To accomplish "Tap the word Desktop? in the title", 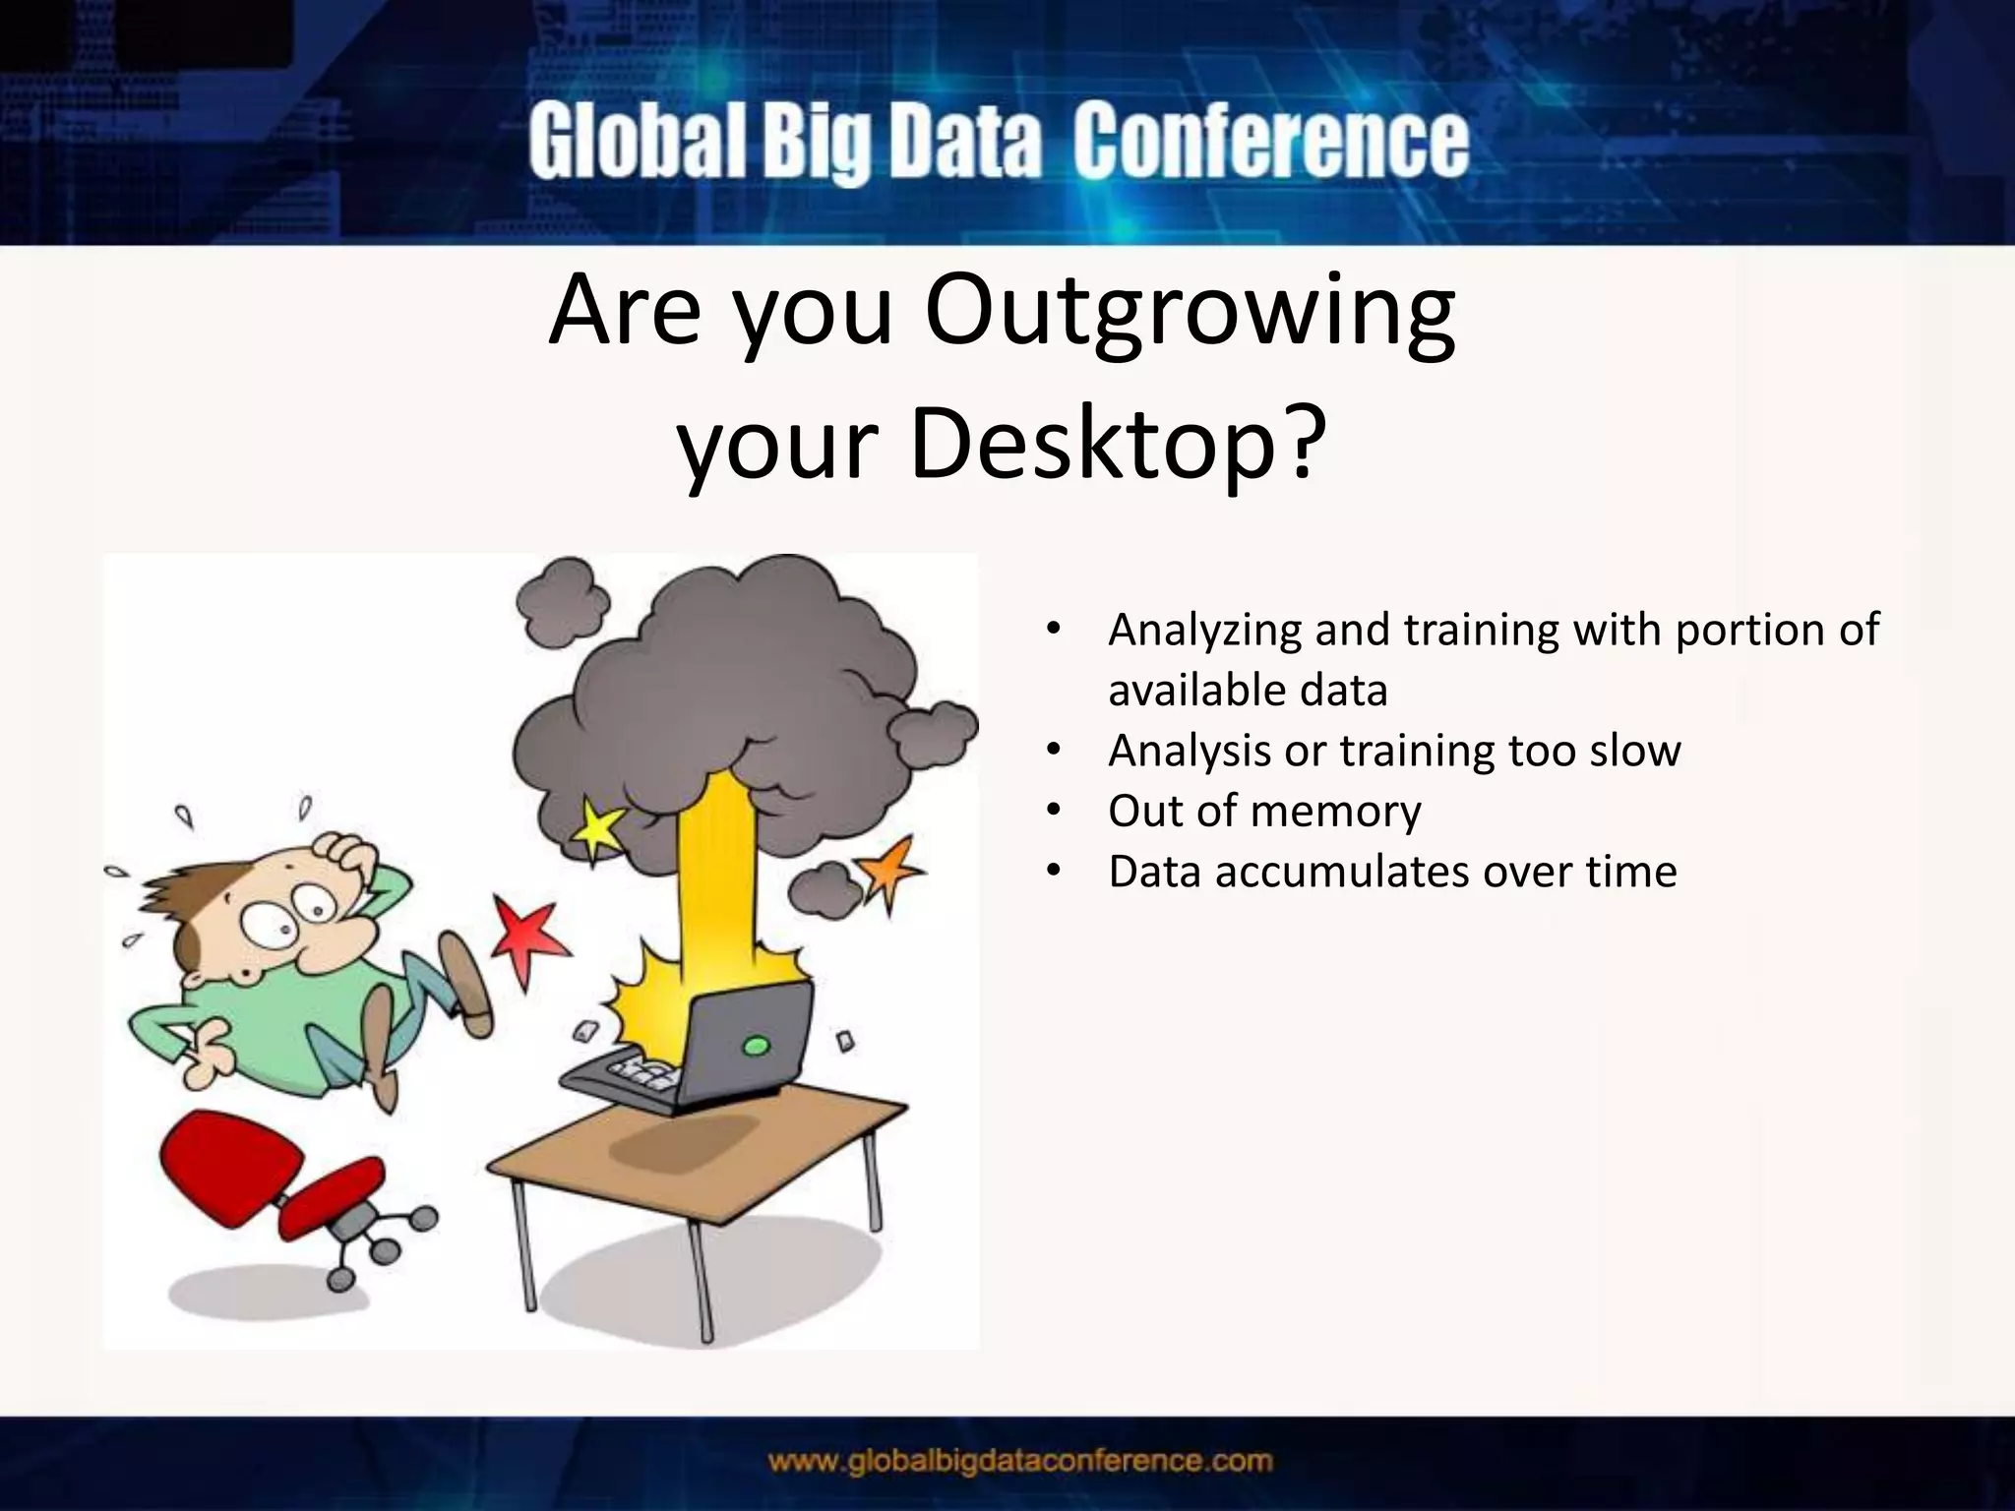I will tap(1115, 445).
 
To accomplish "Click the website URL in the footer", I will tap(1020, 1461).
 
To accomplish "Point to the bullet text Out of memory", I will tap(1263, 812).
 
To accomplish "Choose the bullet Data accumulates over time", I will tap(1391, 872).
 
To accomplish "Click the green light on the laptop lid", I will tap(755, 1045).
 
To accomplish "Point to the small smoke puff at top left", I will tap(563, 601).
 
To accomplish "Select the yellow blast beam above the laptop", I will tap(715, 885).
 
